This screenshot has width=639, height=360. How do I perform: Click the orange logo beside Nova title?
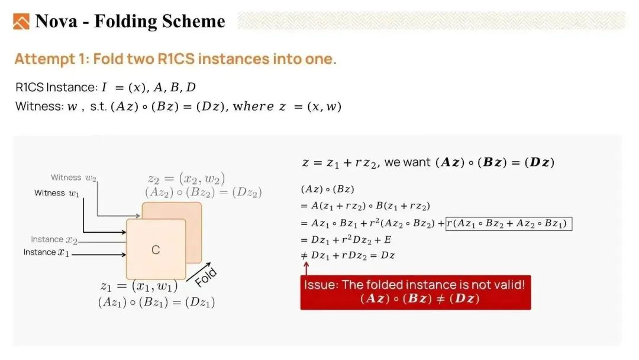(21, 21)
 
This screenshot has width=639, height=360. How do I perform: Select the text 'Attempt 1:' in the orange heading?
(51, 59)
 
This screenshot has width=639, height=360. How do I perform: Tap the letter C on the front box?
(156, 249)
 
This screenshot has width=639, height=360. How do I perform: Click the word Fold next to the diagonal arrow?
(206, 277)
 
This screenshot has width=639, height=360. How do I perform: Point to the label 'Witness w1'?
(57, 193)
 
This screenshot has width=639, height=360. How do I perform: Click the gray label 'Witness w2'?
(73, 178)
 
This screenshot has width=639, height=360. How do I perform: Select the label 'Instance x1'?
(46, 252)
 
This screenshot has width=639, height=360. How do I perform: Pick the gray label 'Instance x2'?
(54, 240)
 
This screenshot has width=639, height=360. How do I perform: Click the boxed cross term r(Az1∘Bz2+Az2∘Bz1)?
(509, 223)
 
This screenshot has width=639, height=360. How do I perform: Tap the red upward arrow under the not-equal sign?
(306, 268)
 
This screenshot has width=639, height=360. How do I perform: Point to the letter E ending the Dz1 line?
(388, 240)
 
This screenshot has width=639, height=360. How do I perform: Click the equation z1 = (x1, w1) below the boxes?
(139, 286)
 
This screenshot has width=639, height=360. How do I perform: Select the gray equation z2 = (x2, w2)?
(186, 179)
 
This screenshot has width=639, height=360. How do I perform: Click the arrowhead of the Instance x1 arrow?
(124, 255)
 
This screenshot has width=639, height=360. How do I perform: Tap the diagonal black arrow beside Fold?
(198, 272)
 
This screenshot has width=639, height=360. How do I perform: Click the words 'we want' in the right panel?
(407, 162)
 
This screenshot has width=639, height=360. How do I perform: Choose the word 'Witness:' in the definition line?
(40, 107)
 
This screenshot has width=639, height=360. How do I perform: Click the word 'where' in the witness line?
(253, 107)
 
